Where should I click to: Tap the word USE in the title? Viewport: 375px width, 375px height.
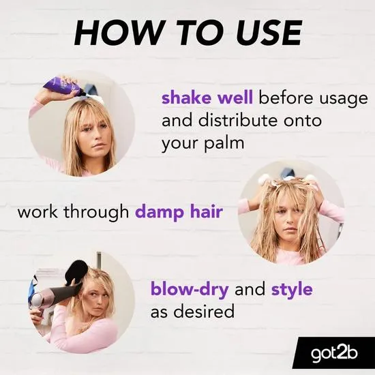point(264,33)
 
